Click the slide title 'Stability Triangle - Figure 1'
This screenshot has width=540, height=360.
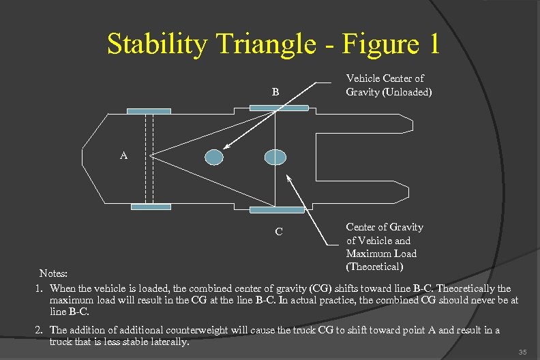273,45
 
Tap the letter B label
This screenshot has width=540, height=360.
275,91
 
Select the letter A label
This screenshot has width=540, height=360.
123,155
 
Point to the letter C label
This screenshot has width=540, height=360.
279,232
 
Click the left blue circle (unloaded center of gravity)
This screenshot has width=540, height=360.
214,157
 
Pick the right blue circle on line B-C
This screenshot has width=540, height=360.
275,157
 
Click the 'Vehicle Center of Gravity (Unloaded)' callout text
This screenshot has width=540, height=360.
389,85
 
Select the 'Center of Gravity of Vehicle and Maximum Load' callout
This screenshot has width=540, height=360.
384,246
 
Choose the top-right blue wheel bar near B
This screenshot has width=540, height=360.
278,107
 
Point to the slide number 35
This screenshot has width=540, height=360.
522,352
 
